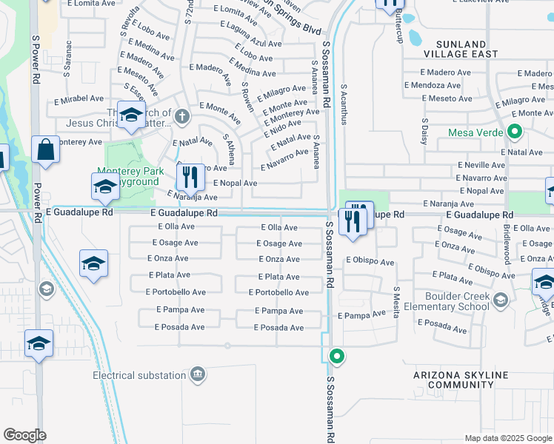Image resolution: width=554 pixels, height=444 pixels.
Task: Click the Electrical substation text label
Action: (x=138, y=375)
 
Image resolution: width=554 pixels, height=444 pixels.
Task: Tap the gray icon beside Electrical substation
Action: (x=197, y=374)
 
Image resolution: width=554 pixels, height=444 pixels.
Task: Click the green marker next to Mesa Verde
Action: (x=515, y=133)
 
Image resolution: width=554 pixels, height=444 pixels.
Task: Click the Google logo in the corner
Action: (x=24, y=435)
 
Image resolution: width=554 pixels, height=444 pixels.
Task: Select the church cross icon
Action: (x=180, y=115)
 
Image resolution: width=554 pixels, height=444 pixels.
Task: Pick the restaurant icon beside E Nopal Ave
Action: (x=191, y=176)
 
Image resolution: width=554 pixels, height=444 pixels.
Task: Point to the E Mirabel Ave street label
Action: (x=78, y=98)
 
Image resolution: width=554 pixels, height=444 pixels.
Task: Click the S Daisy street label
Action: (x=425, y=131)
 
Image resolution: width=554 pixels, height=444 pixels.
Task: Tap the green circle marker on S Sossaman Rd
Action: (x=337, y=357)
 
